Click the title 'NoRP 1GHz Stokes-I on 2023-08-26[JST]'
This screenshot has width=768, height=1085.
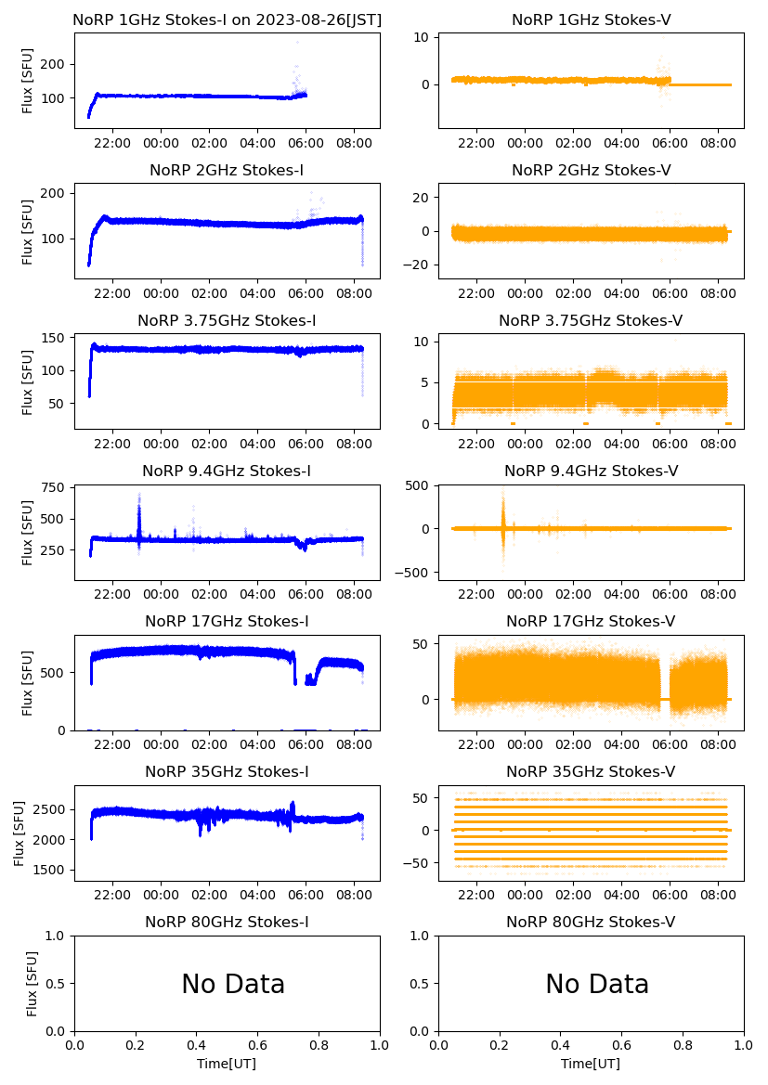coord(227,19)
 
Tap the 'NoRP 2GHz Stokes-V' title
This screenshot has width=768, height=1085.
coord(591,170)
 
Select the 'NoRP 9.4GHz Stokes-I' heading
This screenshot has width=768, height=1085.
coord(227,471)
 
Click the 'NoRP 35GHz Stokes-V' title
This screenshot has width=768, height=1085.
coord(591,771)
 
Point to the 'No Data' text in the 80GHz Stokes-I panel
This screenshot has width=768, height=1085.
coord(233,984)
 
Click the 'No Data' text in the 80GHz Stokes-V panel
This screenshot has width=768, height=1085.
coord(597,984)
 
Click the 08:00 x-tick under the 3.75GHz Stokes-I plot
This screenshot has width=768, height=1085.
coord(355,443)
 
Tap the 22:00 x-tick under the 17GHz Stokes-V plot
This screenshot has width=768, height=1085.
coord(476,743)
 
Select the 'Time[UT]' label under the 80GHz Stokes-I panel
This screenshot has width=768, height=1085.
coord(227,1064)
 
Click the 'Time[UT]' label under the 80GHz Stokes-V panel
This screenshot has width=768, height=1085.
coord(591,1064)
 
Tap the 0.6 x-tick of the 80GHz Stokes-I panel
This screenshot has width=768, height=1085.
coord(258,1045)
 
